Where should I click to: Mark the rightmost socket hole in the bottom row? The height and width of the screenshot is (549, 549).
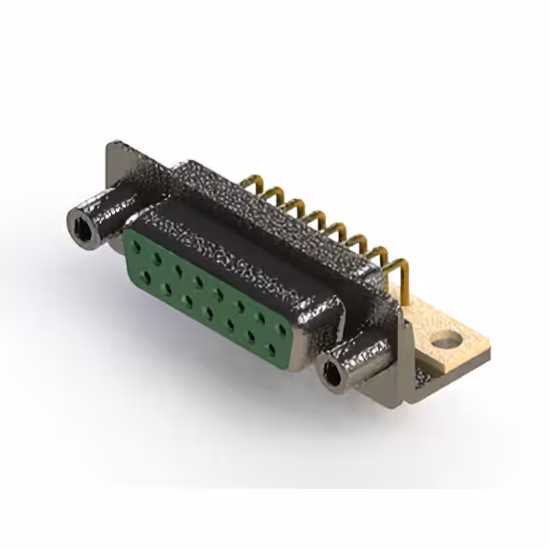click(x=272, y=349)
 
